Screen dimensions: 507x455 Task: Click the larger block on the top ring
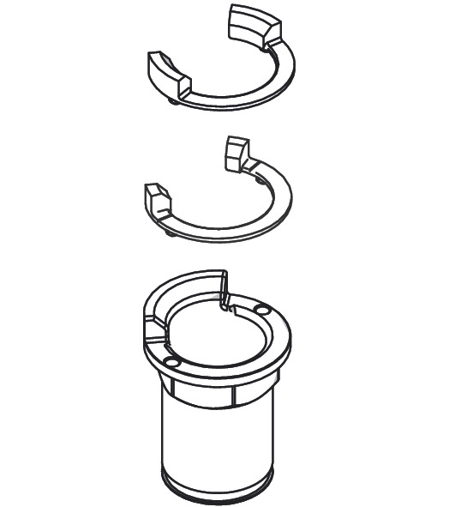pos(254,25)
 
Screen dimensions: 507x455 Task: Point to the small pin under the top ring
pos(175,102)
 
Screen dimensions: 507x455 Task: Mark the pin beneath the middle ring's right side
pos(260,179)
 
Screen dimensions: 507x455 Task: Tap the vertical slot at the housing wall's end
pos(225,290)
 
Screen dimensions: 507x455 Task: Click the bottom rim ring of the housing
pos(219,489)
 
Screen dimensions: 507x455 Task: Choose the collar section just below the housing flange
pos(219,390)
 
